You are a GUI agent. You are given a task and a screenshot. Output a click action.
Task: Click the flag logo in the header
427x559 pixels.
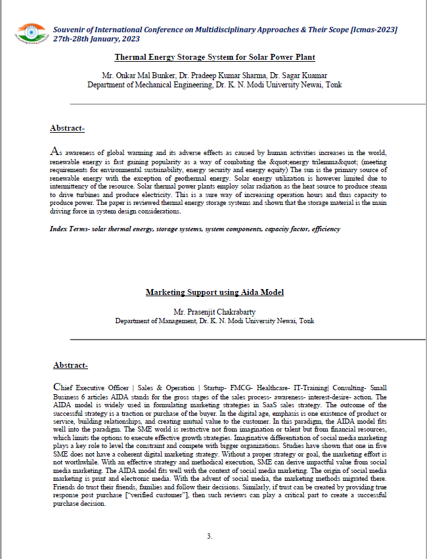click(29, 34)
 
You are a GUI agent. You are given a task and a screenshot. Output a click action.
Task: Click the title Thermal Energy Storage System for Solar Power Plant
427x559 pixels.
click(213, 57)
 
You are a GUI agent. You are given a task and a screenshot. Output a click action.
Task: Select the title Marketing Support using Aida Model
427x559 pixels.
click(214, 292)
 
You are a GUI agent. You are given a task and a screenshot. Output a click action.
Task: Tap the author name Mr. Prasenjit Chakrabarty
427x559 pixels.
click(214, 311)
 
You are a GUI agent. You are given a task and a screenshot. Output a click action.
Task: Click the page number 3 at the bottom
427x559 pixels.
click(210, 536)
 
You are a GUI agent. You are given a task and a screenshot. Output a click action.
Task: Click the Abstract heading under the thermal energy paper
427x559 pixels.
click(67, 128)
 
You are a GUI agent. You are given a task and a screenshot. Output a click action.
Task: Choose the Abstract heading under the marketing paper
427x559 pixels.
click(70, 365)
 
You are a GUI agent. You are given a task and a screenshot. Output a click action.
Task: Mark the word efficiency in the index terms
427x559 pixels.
click(326, 229)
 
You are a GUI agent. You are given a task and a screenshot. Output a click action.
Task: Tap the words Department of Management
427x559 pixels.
click(152, 321)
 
